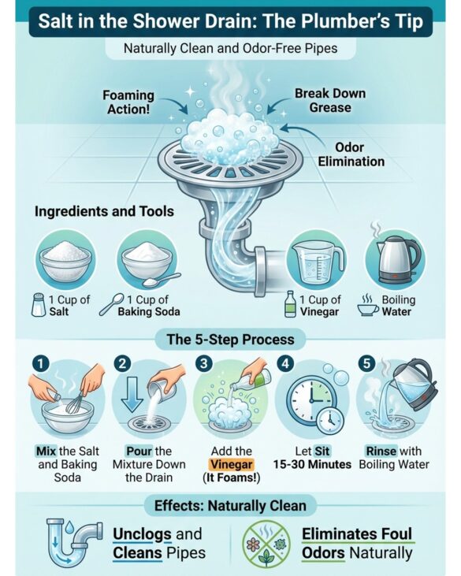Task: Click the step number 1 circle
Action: (41, 364)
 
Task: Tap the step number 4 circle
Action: (285, 364)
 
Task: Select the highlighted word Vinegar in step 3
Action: (232, 464)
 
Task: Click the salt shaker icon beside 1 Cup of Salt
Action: (39, 304)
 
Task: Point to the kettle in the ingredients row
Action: (397, 259)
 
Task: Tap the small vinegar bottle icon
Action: (290, 304)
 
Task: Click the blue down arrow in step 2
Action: (132, 396)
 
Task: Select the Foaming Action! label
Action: (128, 102)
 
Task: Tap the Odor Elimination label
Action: (351, 154)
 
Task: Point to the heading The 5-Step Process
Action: (231, 339)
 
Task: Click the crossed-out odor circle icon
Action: (266, 544)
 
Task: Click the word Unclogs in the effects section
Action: (142, 534)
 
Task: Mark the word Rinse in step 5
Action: (381, 451)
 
